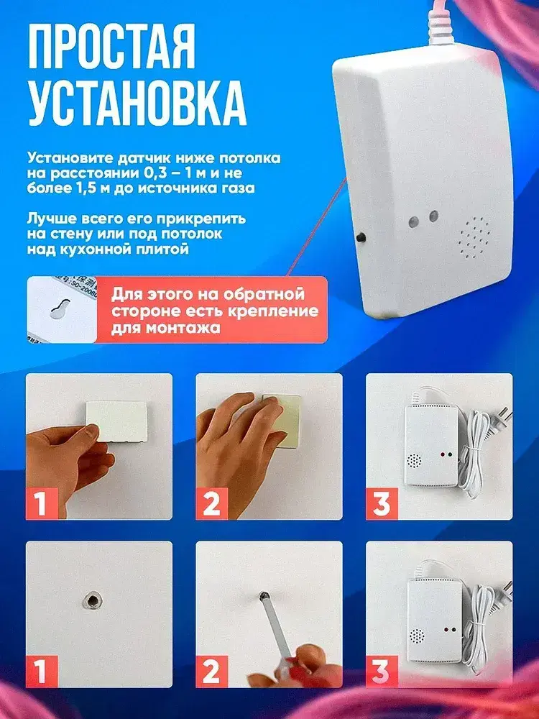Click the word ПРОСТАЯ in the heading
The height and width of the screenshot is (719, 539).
coord(111,47)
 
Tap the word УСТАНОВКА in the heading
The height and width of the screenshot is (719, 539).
coord(137,104)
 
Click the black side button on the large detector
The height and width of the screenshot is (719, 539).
coord(361,237)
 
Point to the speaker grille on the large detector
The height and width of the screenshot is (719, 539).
coord(474,238)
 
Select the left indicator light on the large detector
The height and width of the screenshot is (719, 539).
coord(414,222)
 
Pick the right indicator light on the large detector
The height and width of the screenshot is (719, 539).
coord(433,216)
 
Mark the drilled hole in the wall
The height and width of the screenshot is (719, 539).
coord(92,600)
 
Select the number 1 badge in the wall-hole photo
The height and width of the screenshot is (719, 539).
coord(42,672)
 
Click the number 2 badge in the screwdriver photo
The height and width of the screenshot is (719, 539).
coord(212,672)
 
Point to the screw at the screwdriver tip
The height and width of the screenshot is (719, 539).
coord(264,596)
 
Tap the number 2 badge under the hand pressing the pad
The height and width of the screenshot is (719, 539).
coord(212,503)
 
